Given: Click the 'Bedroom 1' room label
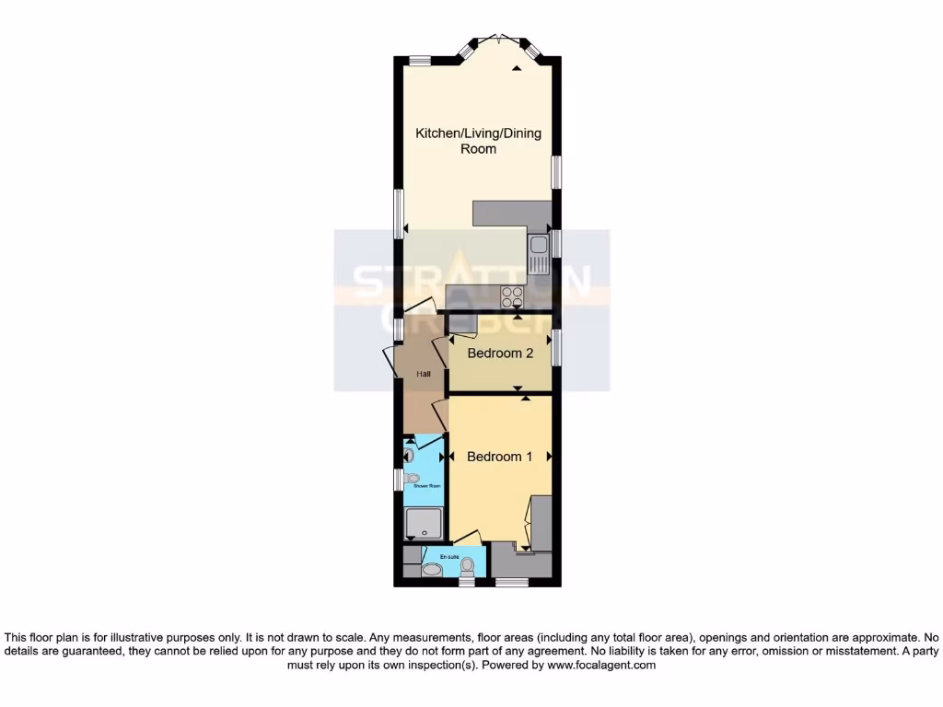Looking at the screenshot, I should pos(499,457).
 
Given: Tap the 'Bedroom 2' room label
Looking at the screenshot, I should pos(500,353).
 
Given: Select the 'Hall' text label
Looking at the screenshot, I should pos(424,374).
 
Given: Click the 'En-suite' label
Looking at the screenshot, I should pos(449,557).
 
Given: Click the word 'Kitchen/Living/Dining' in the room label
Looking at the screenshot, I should pos(478,133).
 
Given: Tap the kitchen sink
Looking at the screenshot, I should pos(538,254).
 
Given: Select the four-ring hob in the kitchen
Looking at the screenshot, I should pos(511,296).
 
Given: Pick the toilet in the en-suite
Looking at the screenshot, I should pos(467,565).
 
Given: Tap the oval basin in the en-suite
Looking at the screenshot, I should pos(431,570).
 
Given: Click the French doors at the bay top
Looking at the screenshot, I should pos(498,39).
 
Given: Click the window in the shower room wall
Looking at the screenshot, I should pos(398,480).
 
